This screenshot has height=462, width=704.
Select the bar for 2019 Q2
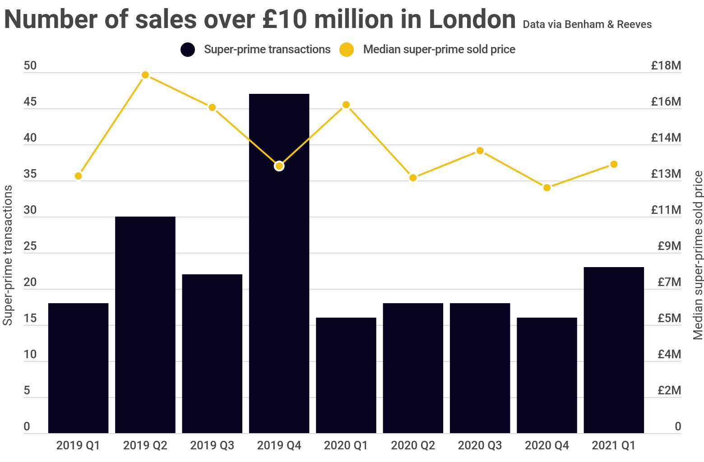click(145, 325)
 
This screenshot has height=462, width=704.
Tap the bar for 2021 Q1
click(614, 350)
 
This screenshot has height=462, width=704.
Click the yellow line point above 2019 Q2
click(145, 75)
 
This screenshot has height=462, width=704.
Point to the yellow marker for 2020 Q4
click(547, 187)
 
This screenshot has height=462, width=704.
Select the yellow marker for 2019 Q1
click(79, 176)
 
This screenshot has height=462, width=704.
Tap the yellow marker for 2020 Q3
click(480, 151)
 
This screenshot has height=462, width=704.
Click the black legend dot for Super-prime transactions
click(188, 49)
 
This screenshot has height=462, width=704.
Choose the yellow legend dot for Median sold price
click(347, 49)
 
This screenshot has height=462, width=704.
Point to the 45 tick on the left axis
click(30, 102)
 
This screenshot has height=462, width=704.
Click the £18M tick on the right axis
click(666, 66)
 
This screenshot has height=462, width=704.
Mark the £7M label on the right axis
click(669, 282)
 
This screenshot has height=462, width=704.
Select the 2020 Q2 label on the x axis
click(413, 446)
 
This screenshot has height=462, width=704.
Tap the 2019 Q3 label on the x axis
click(212, 446)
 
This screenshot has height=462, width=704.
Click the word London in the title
click(472, 19)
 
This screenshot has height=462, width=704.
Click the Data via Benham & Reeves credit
click(587, 24)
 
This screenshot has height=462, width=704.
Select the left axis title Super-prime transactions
click(8, 255)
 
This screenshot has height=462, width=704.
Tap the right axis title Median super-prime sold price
click(698, 255)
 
